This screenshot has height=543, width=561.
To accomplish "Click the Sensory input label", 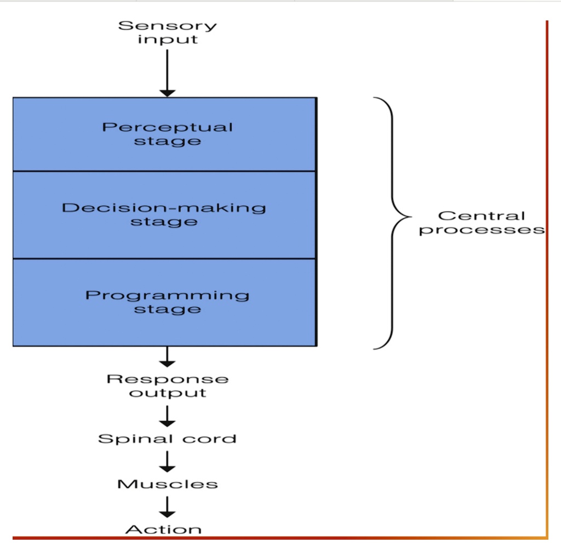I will coord(168,32).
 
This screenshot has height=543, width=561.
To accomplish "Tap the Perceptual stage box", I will coord(164,134).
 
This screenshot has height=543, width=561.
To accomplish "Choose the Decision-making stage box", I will coord(164,214).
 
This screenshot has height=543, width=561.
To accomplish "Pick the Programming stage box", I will coord(164,302).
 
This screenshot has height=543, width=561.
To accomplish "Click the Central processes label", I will coord(482,223).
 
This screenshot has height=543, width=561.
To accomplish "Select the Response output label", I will coord(168,386).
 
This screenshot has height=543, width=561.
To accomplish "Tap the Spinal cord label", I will coord(168,439).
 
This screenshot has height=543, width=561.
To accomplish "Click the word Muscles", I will coord(168,484).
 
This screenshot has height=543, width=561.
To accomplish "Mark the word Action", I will coord(163,529).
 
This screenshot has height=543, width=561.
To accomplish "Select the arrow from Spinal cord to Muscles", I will coord(168,461).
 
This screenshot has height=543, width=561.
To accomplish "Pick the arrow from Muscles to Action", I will coord(168,506).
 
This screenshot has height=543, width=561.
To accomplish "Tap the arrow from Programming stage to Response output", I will coord(168,357).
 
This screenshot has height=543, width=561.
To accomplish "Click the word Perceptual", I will coord(168,127).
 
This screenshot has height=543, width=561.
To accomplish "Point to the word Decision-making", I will coord(164,208).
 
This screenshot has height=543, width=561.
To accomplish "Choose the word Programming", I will coord(167,295).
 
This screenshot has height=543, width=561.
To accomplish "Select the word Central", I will coord(482,216).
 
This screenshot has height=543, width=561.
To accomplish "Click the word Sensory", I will coord(168,25).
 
